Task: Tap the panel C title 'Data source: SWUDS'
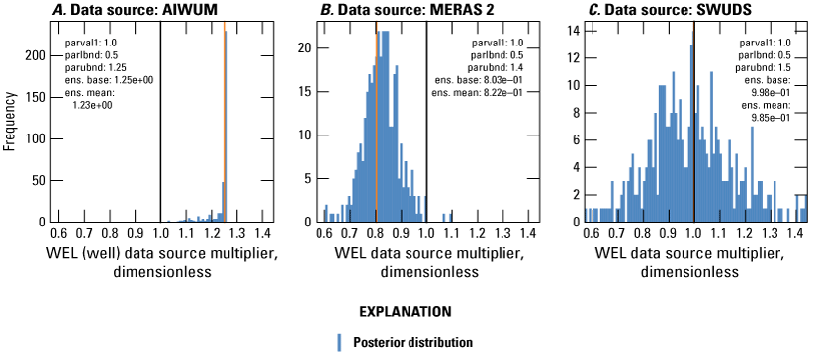click(676, 10)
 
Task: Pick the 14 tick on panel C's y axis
click(579, 31)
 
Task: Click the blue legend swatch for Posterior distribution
click(338, 343)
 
